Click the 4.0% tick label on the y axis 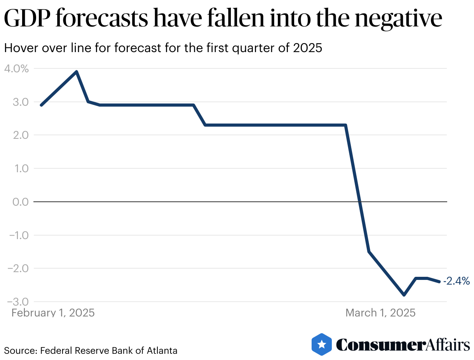click(16, 69)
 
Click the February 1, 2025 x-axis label click(53, 313)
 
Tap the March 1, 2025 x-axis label click(380, 313)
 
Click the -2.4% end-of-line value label click(457, 281)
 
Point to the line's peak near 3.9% click(77, 72)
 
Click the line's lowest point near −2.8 click(404, 295)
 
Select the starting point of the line click(41, 105)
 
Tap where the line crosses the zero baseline click(360, 202)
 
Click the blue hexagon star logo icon click(322, 344)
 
